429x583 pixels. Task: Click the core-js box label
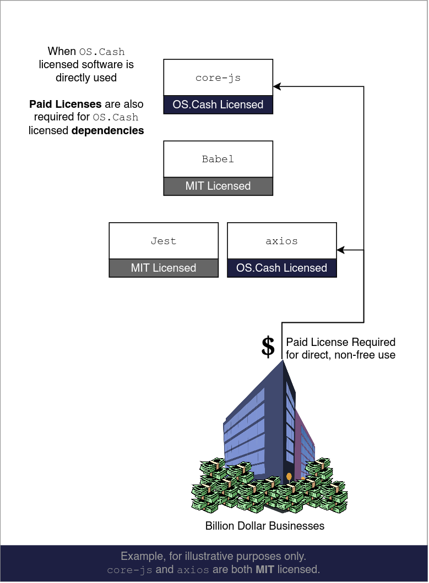coord(218,78)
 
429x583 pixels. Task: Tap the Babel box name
coord(218,159)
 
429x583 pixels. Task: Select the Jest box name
coord(164,241)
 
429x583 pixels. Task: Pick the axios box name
coord(281,241)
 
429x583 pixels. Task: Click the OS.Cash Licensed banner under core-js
coord(218,105)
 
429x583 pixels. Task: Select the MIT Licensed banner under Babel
coord(218,186)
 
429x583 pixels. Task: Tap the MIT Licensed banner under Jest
coord(164,268)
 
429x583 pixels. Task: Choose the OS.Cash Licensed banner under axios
coord(281,268)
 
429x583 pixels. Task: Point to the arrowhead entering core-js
coord(277,86)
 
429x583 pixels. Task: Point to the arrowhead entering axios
coord(340,250)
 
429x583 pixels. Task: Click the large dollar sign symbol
coord(268,347)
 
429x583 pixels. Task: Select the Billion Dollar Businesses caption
coord(265,526)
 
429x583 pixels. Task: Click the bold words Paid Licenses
coord(65,104)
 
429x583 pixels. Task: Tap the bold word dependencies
coord(108,130)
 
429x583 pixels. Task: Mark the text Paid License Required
coord(340,342)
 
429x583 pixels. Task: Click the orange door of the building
coord(289,476)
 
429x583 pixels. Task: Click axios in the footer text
coord(193,570)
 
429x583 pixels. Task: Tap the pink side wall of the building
coord(305,440)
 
